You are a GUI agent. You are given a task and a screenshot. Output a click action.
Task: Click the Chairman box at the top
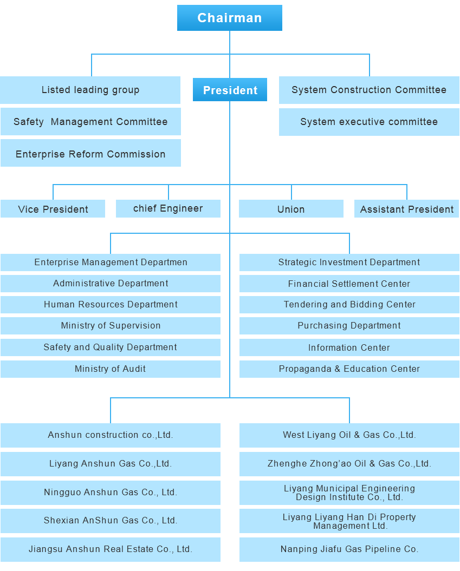click(x=230, y=18)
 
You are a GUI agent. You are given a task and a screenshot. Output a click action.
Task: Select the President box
click(x=230, y=90)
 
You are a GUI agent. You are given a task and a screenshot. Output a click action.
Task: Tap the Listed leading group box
click(x=90, y=90)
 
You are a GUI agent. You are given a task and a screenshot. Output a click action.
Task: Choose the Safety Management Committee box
click(x=91, y=122)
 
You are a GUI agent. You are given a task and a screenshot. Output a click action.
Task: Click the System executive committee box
click(x=369, y=122)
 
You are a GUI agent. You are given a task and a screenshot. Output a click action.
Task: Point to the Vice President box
click(x=53, y=209)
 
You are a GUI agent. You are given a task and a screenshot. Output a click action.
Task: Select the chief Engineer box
click(x=168, y=209)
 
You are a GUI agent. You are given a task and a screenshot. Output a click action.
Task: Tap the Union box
click(x=291, y=209)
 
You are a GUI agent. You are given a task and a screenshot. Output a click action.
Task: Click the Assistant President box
click(x=407, y=209)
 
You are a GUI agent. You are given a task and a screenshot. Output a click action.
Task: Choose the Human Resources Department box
click(x=111, y=304)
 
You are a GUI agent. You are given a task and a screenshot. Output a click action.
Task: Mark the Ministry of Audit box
click(x=111, y=369)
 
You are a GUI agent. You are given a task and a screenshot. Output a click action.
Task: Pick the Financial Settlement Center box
click(x=349, y=283)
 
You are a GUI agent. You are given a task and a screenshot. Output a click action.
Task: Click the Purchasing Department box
click(x=349, y=326)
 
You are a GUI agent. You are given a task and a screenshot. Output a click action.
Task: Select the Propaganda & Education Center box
click(x=349, y=369)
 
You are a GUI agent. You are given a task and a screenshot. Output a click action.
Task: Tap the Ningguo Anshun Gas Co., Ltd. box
click(x=111, y=493)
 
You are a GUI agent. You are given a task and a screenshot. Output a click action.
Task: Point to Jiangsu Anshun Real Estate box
click(x=111, y=549)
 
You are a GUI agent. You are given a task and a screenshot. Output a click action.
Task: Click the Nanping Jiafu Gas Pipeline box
click(x=349, y=549)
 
